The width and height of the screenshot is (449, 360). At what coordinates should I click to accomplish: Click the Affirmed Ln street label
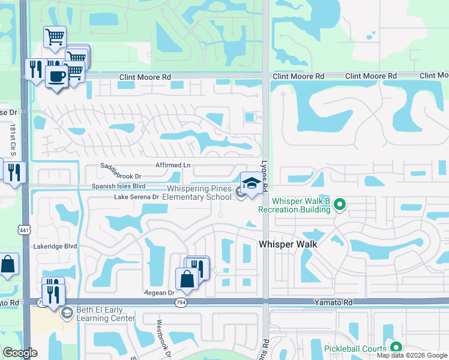(172, 165)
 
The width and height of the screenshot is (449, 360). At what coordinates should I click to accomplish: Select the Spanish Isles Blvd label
(119, 187)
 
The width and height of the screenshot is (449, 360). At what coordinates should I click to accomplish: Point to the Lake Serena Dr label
(136, 197)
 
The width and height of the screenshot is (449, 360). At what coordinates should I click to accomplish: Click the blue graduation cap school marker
(252, 182)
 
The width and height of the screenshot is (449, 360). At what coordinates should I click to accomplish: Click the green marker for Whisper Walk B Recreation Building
(340, 205)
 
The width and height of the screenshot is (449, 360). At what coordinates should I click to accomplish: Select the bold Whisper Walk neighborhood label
(288, 244)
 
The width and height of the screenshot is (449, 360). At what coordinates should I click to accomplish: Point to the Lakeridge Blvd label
(56, 246)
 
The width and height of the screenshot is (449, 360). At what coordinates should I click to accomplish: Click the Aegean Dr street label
(158, 293)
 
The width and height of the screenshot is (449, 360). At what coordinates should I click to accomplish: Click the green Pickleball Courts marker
(396, 346)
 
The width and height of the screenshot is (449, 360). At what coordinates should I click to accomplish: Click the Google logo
(20, 353)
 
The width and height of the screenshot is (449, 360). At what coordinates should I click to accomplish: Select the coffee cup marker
(57, 77)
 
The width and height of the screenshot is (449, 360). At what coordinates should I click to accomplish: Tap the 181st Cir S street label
(12, 139)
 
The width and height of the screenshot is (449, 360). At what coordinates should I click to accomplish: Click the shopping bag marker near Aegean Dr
(187, 279)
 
